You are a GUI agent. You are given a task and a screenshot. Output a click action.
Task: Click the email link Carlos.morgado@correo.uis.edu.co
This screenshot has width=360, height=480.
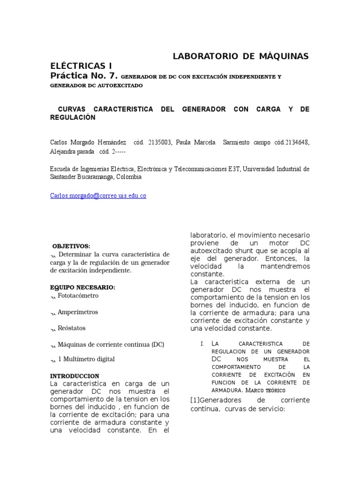[98, 196]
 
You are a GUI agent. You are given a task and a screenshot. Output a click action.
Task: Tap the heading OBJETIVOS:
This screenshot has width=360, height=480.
[71, 246]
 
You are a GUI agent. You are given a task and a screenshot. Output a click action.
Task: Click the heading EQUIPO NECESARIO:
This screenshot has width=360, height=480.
[82, 287]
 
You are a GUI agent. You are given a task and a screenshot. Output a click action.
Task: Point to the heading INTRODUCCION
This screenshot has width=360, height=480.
[75, 376]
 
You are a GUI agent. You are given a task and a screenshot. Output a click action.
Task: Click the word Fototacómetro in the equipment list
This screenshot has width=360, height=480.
[78, 296]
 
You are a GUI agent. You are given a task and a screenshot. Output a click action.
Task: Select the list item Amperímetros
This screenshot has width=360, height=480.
[78, 312]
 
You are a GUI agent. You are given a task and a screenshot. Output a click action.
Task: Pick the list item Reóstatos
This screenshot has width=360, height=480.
[72, 328]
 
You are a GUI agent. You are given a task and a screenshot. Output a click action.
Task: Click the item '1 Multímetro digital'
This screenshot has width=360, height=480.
[86, 359]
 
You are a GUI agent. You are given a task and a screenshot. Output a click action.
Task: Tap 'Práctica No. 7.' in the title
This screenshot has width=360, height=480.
[84, 75]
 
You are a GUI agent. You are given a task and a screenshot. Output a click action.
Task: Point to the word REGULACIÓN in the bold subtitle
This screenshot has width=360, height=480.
[73, 117]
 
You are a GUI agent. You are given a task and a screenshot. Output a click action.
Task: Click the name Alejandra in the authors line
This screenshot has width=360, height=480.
[63, 152]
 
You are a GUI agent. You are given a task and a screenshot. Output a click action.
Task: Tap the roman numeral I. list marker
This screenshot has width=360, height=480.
[202, 344]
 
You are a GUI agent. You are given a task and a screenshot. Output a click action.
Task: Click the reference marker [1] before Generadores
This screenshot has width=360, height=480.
[195, 400]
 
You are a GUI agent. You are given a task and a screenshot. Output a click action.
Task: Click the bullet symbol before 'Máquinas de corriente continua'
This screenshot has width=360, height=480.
[53, 345]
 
